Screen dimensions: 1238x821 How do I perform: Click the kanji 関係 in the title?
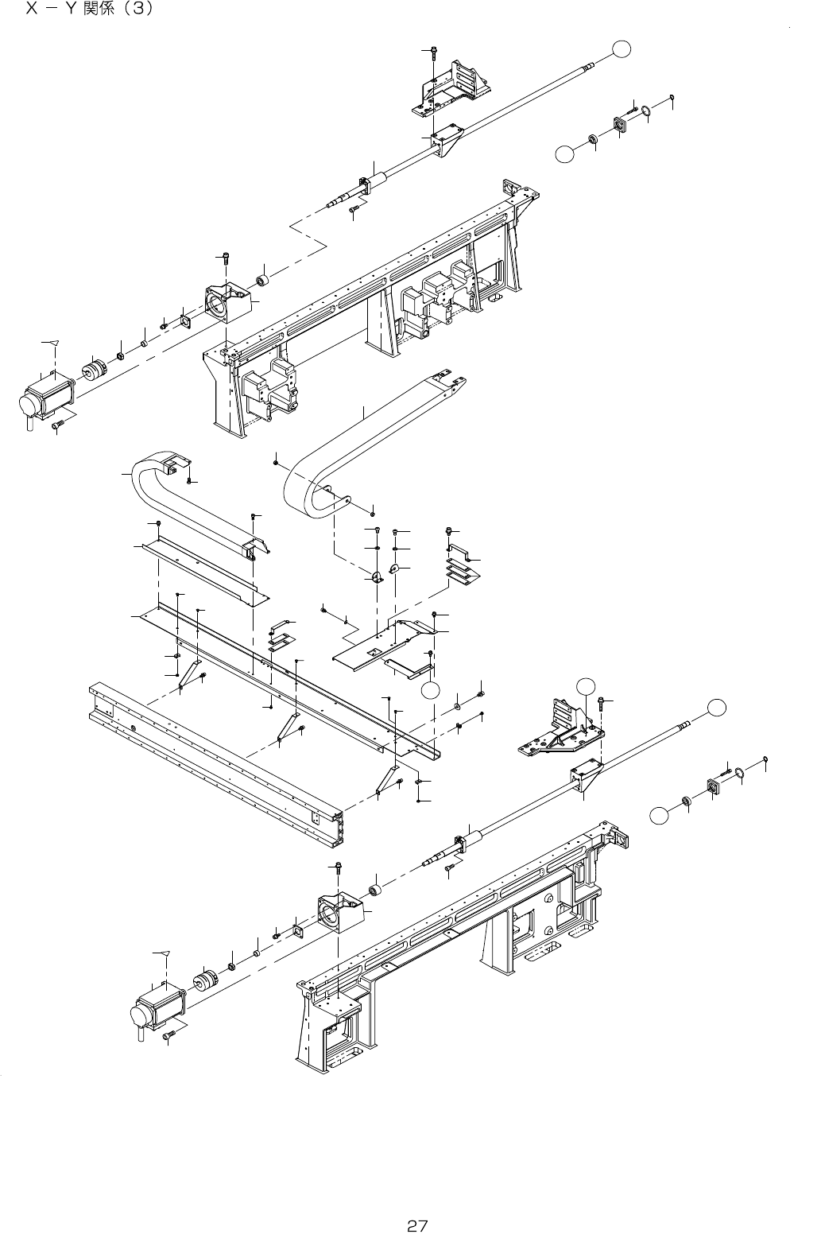[x=95, y=10]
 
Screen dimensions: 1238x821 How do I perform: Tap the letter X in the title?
[x=33, y=10]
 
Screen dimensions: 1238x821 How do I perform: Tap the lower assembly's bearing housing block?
[x=338, y=911]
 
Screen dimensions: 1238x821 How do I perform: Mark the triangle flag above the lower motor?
[x=165, y=952]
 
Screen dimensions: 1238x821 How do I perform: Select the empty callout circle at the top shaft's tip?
[x=624, y=49]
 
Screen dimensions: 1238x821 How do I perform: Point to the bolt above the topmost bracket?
[x=432, y=53]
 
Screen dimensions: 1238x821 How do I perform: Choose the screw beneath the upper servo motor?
[x=57, y=427]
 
